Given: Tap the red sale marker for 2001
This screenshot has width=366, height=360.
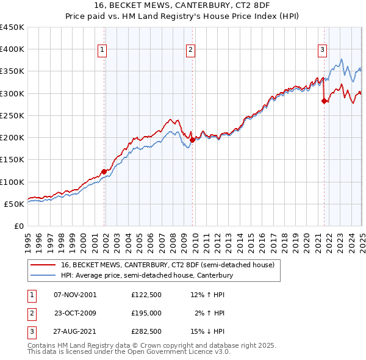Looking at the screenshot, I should pos(104,171).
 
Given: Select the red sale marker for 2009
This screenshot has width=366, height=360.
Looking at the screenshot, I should pos(193,140).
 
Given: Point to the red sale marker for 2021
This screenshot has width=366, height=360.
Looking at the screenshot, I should pos(324,101).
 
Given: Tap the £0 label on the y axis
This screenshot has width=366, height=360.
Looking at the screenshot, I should pos(18,226).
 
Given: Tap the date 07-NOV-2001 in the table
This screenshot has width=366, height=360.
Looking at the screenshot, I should pos(75,295).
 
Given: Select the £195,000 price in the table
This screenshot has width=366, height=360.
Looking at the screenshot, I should pos(146,313).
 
